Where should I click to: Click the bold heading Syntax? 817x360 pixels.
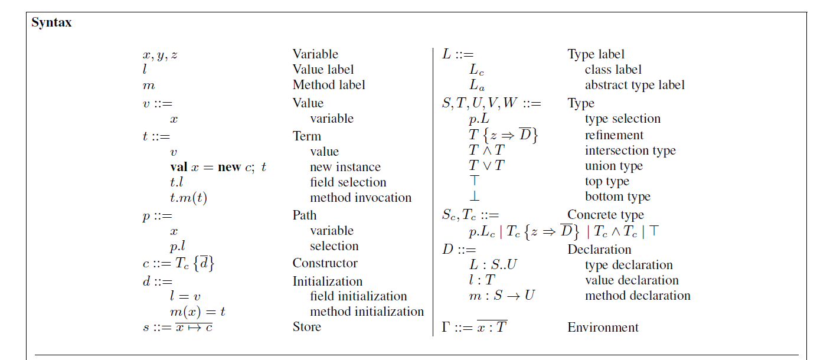pyautogui.click(x=51, y=23)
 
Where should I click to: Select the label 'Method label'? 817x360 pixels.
pyautogui.click(x=329, y=85)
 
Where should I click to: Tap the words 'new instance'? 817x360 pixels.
pyautogui.click(x=345, y=167)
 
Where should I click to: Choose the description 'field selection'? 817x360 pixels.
pyautogui.click(x=348, y=182)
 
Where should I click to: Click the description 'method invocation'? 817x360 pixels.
pyautogui.click(x=361, y=198)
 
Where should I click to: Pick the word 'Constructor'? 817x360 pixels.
pyautogui.click(x=325, y=263)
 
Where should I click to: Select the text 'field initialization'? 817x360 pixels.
pyautogui.click(x=358, y=296)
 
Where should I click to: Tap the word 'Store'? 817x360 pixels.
pyautogui.click(x=307, y=327)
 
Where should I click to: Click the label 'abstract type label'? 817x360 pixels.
pyautogui.click(x=635, y=85)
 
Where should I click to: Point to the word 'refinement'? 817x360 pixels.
pyautogui.click(x=614, y=135)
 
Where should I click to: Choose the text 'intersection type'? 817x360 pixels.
pyautogui.click(x=630, y=150)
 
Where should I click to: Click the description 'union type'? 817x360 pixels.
pyautogui.click(x=613, y=166)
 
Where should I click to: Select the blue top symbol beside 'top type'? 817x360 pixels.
pyautogui.click(x=475, y=182)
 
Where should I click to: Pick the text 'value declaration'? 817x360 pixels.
pyautogui.click(x=632, y=280)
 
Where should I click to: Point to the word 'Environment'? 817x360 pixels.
pyautogui.click(x=603, y=328)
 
